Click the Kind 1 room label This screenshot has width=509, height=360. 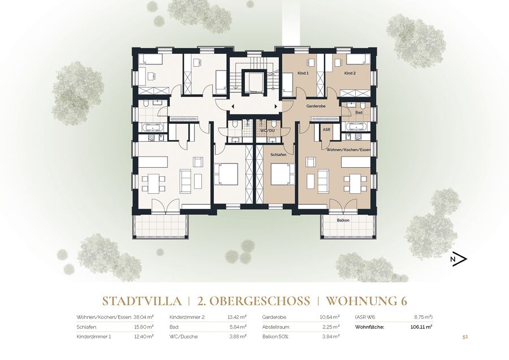303,73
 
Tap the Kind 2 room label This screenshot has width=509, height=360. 350,73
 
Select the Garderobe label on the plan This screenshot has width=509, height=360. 316,106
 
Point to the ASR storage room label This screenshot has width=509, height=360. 326,129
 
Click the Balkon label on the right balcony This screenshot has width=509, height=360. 343,220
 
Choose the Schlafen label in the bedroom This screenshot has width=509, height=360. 278,155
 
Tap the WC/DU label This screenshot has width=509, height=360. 268,131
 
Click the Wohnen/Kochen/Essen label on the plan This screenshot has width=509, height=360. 348,150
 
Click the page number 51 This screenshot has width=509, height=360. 465,337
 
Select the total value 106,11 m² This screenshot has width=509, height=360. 421,327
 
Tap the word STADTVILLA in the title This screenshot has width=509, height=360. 142,301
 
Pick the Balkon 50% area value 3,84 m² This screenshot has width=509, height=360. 331,337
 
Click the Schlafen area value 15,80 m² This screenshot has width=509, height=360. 144,327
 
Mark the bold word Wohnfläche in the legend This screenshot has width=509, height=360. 369,327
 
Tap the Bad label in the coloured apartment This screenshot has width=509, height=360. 359,112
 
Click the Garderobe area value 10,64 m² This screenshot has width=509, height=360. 330,317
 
